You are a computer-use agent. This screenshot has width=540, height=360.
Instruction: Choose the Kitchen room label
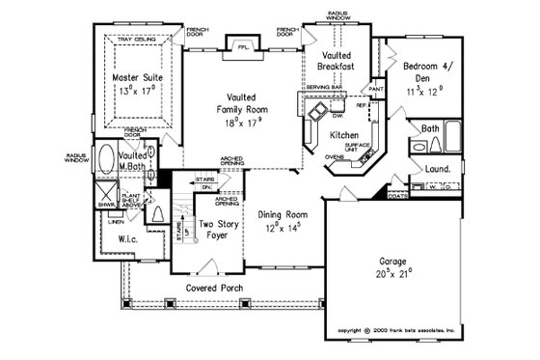coord(344,134)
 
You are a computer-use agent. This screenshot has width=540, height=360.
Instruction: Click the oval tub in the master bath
coord(105,159)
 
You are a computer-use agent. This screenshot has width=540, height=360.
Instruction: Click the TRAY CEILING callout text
coord(135,40)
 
